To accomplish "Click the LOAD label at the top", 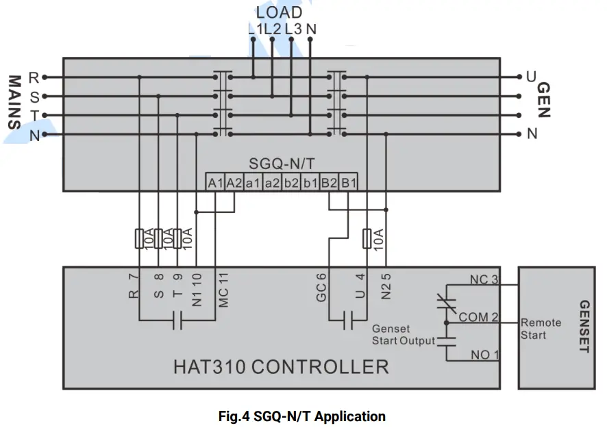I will coord(279,12).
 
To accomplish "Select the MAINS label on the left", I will coord(13,102).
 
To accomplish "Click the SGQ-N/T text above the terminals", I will coord(282,165).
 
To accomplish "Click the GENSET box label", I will coord(584,327).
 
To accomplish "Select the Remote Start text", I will coord(541,329).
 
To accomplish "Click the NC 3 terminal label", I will coord(484,280).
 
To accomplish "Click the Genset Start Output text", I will coord(404,335).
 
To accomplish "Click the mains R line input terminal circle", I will coord(45,77).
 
